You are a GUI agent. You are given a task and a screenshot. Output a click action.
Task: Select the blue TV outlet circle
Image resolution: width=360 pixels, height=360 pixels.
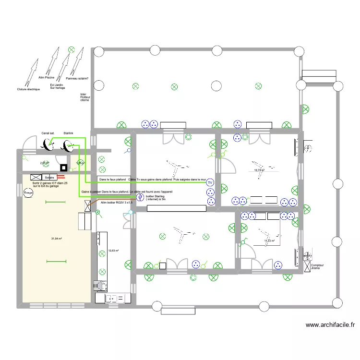tap(209, 183)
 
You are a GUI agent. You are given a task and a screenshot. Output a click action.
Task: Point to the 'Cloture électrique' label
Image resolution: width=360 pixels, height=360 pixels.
tap(28, 89)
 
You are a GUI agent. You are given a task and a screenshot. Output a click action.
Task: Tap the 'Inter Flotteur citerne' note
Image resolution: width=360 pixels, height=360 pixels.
tap(85, 97)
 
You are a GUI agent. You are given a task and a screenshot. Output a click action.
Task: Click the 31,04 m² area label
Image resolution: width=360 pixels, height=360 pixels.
tap(57, 239)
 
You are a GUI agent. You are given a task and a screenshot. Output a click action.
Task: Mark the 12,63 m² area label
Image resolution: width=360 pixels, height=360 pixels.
tap(113, 250)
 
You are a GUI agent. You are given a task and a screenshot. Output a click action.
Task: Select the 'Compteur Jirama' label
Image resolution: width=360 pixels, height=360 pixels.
tap(317, 266)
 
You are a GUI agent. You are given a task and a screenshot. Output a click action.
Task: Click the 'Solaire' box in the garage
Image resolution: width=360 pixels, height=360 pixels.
tap(49, 177)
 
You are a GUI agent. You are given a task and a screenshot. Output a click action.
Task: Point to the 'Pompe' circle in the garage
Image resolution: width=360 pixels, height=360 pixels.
tap(28, 193)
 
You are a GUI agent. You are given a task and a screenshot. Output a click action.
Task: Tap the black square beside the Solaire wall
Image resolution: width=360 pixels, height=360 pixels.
tap(63, 168)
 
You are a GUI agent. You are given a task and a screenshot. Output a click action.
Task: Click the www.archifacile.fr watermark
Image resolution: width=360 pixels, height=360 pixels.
tap(330, 325)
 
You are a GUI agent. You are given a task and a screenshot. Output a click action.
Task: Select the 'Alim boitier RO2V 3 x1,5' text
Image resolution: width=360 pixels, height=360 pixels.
tap(116, 203)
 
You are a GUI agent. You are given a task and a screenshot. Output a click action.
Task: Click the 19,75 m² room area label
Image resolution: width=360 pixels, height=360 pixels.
tap(259, 170)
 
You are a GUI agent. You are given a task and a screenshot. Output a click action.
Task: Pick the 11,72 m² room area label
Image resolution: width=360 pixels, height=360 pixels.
tap(269, 241)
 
